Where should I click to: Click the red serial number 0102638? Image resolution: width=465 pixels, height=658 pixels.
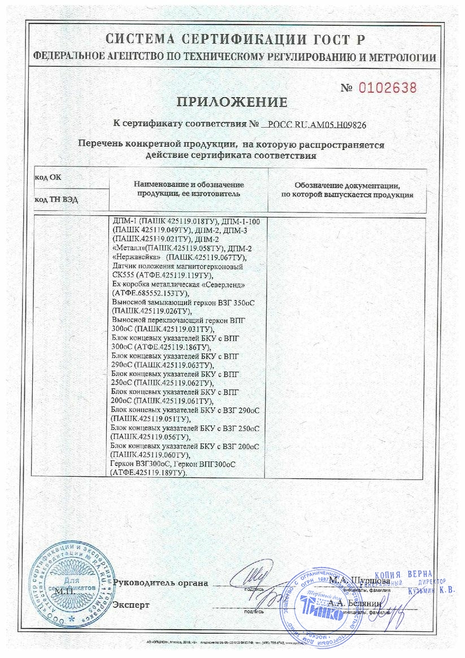coord(388,88)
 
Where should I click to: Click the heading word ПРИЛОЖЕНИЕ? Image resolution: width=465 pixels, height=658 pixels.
coord(232,102)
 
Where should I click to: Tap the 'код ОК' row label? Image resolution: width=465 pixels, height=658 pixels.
coord(48,177)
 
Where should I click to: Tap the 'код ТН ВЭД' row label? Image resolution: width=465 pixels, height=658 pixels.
coord(55,199)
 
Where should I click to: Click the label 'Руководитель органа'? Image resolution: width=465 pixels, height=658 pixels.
coord(160,582)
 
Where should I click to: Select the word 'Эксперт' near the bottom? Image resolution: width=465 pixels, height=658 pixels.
coord(131,605)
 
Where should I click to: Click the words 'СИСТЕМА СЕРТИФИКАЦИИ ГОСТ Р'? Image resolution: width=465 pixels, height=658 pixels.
coord(233,40)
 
